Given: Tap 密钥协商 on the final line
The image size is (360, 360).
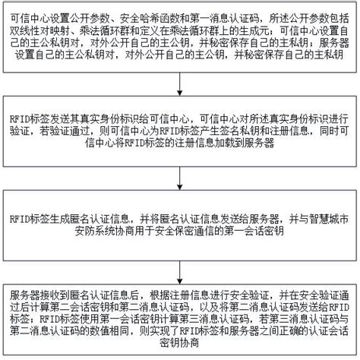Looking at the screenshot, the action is point(180,343).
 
